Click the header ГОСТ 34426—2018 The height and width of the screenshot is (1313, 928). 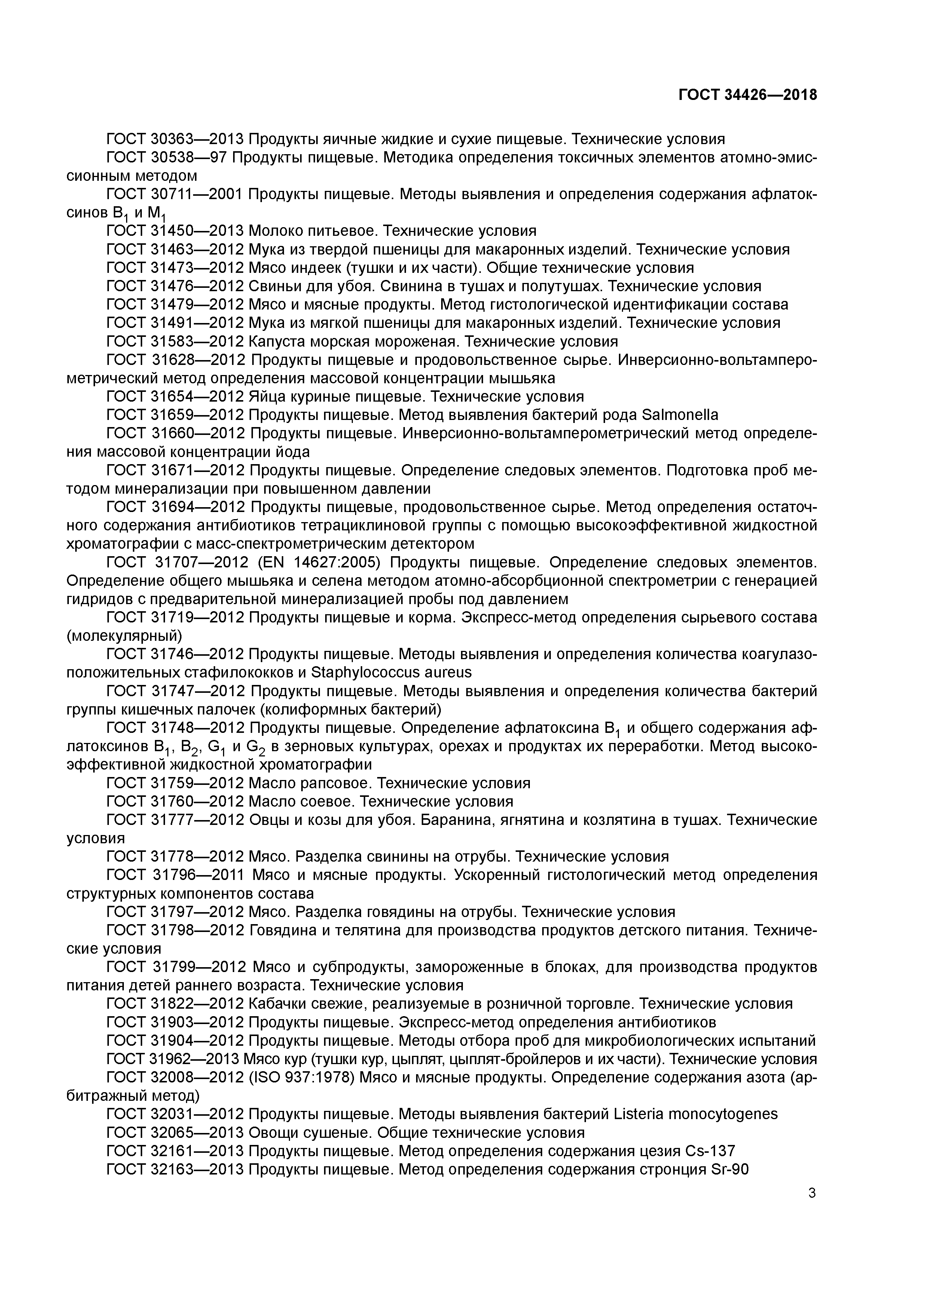pyautogui.click(x=747, y=95)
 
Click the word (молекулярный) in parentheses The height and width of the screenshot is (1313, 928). pyautogui.click(x=124, y=635)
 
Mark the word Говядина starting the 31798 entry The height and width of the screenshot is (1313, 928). pyautogui.click(x=283, y=930)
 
